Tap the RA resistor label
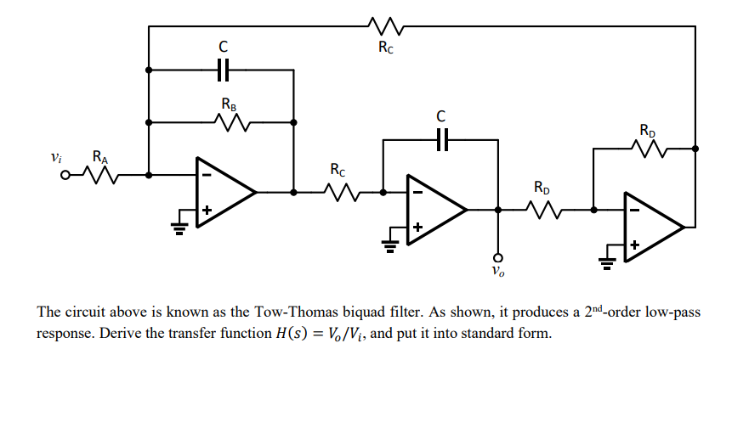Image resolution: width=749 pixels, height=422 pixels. (x=100, y=157)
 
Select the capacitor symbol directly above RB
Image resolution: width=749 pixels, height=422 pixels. (x=224, y=70)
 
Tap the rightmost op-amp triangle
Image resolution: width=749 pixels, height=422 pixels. (x=650, y=227)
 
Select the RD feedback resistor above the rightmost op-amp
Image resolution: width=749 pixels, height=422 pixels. (x=648, y=149)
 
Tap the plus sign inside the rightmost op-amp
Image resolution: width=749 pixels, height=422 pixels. (x=634, y=245)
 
